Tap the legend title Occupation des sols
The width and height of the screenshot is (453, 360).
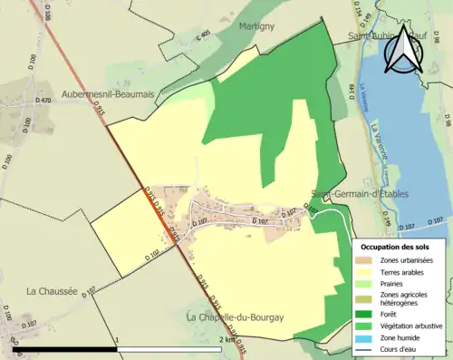click(395, 247)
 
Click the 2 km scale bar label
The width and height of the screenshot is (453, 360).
click(226, 341)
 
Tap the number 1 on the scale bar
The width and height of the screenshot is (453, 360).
click(117, 341)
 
